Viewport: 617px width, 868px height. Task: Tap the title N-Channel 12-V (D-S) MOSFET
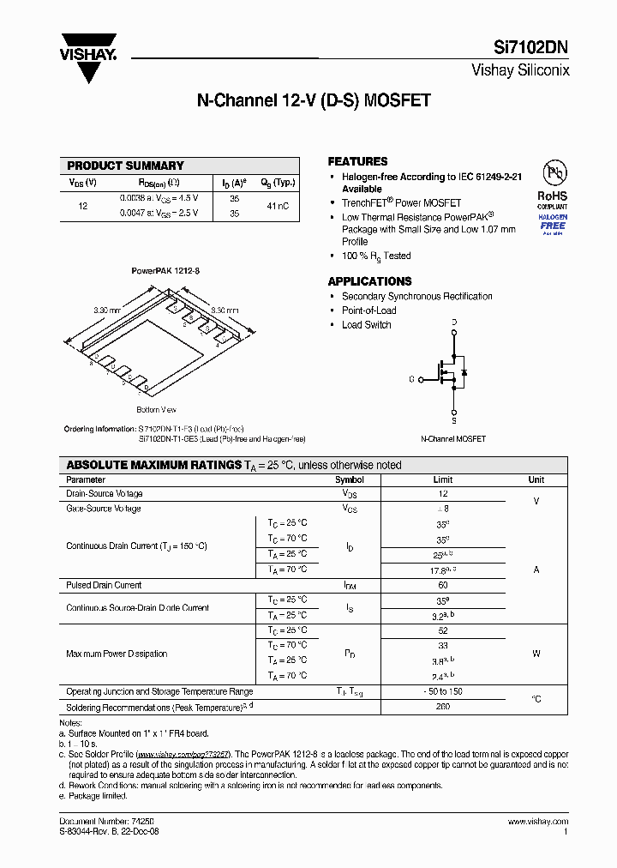pyautogui.click(x=314, y=100)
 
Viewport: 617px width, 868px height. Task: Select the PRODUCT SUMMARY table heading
pyautogui.click(x=125, y=166)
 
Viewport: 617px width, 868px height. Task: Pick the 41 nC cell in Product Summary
pyautogui.click(x=277, y=206)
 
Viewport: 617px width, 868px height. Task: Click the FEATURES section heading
pyautogui.click(x=357, y=161)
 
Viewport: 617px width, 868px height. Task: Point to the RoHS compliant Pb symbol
pyautogui.click(x=552, y=175)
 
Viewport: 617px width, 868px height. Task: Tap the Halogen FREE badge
pyautogui.click(x=552, y=226)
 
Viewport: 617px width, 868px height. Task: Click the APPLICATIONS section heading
pyautogui.click(x=369, y=281)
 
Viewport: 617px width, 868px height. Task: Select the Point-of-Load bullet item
pyautogui.click(x=368, y=310)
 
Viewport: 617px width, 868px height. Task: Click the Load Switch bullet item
pyautogui.click(x=366, y=325)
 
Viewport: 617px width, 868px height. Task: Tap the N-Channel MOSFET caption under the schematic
pyautogui.click(x=452, y=439)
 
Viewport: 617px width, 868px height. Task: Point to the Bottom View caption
pyautogui.click(x=156, y=410)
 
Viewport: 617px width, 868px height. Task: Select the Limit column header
pyautogui.click(x=442, y=480)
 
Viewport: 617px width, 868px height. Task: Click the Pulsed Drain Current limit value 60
pyautogui.click(x=442, y=585)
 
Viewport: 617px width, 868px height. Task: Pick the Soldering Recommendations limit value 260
pyautogui.click(x=442, y=708)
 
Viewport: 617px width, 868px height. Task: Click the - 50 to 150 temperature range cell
pyautogui.click(x=442, y=691)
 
